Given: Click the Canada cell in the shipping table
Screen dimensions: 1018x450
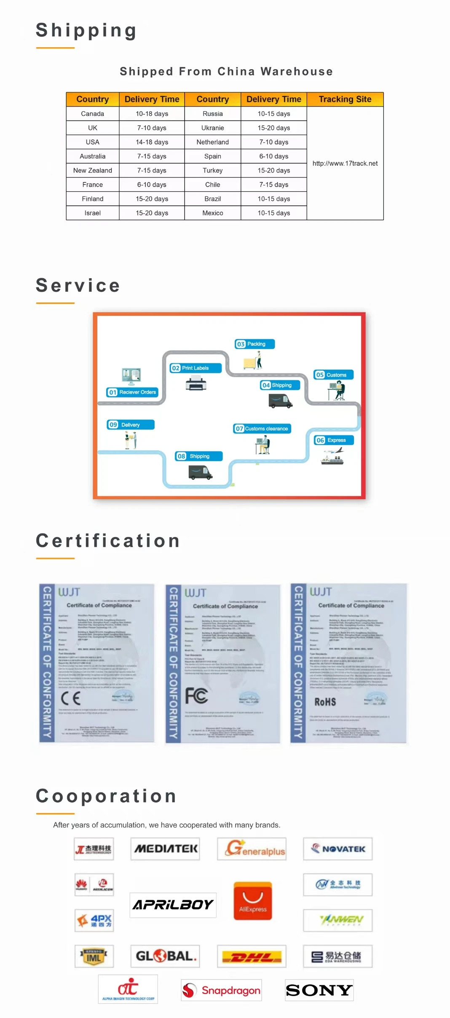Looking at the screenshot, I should [92, 114].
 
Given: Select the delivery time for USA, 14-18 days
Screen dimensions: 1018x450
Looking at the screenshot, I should [152, 142].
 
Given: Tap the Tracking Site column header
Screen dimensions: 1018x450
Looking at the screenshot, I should [345, 99].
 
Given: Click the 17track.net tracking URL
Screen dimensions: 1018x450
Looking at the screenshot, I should [345, 164].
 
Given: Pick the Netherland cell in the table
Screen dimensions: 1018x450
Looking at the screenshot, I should [212, 142].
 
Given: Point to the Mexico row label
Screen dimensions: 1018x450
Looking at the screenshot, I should [212, 213].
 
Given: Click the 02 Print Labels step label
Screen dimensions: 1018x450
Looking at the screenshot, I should [195, 368].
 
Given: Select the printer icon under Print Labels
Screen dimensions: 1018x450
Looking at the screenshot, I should [196, 384].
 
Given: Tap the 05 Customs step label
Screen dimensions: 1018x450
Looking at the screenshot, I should [333, 375].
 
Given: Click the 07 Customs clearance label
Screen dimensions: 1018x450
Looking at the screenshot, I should [262, 429].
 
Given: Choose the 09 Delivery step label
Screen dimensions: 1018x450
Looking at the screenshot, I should [130, 424].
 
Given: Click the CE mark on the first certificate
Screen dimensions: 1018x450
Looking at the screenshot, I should [71, 698].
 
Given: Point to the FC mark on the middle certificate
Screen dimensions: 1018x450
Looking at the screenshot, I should [196, 696].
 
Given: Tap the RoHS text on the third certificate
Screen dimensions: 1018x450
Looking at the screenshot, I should [325, 702].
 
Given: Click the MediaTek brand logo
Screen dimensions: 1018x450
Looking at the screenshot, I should [165, 849].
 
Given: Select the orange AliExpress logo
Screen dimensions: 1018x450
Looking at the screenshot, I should [253, 900].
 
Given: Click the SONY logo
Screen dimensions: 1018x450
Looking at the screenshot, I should [319, 990].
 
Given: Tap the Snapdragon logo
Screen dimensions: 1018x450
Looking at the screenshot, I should [222, 990].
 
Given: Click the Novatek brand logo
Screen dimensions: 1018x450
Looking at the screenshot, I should [338, 849].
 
